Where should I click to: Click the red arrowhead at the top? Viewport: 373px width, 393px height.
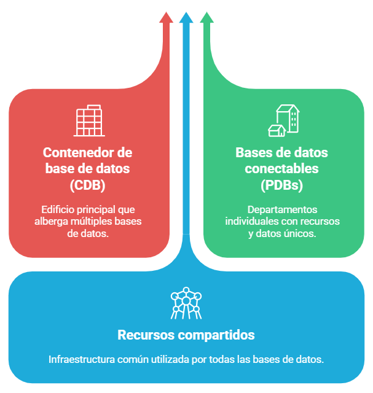[166, 17]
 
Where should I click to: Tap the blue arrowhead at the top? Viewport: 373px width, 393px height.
[186, 17]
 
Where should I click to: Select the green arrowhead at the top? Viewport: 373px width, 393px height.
[206, 17]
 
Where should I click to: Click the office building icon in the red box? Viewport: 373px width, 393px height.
[89, 121]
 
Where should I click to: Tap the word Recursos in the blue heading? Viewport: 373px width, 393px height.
[143, 336]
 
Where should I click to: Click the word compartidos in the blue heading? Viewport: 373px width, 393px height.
[214, 336]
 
